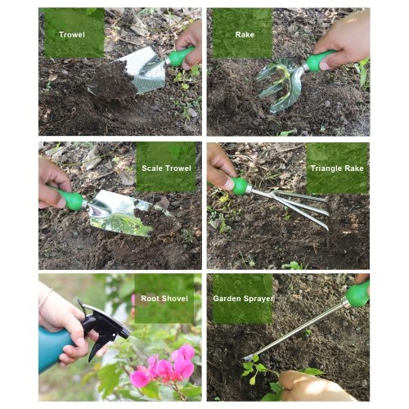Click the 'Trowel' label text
[72, 34]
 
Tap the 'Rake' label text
[245, 34]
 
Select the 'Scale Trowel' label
[166, 169]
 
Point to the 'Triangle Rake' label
[337, 169]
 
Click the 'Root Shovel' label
[164, 299]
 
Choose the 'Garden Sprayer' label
[243, 299]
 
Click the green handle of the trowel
[180, 56]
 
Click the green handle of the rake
[320, 61]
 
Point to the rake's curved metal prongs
[281, 84]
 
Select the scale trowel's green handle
[68, 197]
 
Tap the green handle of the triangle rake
[239, 186]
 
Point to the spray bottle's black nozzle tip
[124, 333]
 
